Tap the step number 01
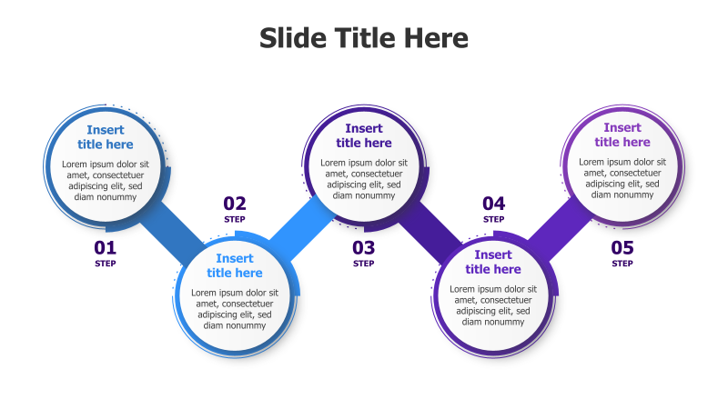click(106, 247)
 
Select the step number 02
click(235, 204)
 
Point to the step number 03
click(364, 247)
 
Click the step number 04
click(493, 204)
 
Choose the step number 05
click(622, 247)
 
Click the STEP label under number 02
click(235, 219)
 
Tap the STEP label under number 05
click(622, 264)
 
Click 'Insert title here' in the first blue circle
click(106, 137)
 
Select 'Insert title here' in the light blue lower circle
click(235, 265)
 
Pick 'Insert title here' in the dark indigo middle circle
click(364, 135)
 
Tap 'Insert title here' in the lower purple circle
click(493, 262)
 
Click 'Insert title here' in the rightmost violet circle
click(622, 135)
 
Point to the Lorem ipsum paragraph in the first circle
click(106, 180)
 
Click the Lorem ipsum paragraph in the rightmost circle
click(622, 178)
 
